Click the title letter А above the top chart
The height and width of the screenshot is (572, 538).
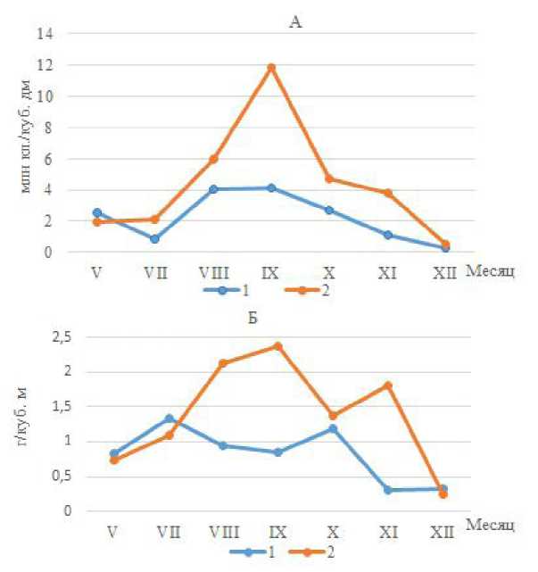tap(296, 22)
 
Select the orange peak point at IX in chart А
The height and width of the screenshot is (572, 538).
tap(271, 68)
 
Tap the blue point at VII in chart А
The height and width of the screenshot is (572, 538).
tap(155, 239)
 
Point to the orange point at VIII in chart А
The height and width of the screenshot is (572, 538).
tap(213, 160)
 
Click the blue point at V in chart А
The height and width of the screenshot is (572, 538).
tap(96, 213)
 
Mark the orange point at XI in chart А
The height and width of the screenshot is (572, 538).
tap(387, 193)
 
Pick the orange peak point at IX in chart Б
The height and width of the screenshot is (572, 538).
tap(277, 346)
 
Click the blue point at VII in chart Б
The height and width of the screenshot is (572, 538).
tap(170, 419)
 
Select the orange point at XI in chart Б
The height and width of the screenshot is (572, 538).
tap(388, 385)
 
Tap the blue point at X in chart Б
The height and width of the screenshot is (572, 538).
tap(334, 429)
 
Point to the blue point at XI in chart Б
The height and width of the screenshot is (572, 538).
tap(388, 490)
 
